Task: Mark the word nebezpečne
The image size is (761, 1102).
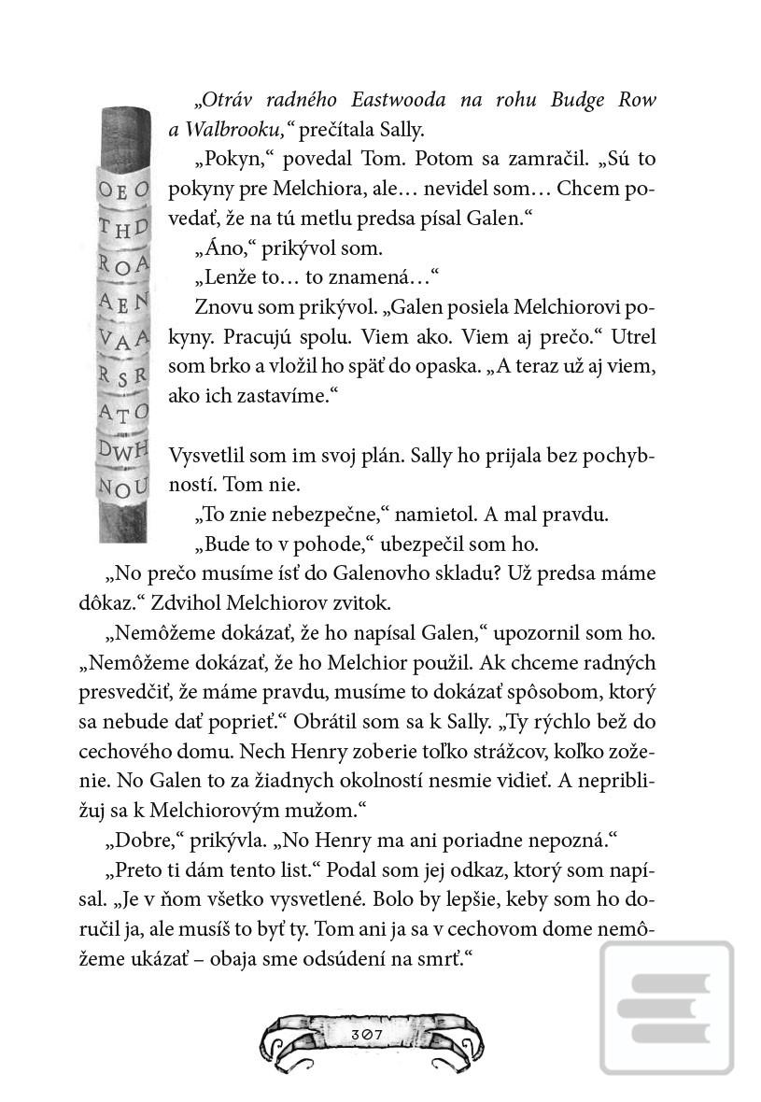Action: click(x=317, y=515)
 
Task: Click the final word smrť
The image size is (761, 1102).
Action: click(x=440, y=960)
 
